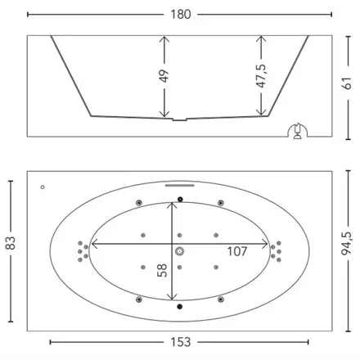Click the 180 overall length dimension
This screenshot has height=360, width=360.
click(x=181, y=14)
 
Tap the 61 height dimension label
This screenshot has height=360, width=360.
click(x=347, y=83)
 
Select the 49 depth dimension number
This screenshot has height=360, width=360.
click(x=164, y=76)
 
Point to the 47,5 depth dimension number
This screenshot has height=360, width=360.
click(x=261, y=76)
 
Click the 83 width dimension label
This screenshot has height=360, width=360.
click(x=11, y=243)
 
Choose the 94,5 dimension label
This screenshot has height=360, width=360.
click(x=347, y=243)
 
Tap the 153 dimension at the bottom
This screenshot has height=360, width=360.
click(x=181, y=342)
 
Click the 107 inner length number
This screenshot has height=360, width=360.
click(x=237, y=251)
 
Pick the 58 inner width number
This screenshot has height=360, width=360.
click(x=162, y=270)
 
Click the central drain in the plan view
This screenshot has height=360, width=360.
click(x=179, y=251)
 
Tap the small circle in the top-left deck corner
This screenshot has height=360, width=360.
click(x=43, y=187)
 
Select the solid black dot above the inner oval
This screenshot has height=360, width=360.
click(x=180, y=200)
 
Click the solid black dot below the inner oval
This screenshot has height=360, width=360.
click(x=179, y=307)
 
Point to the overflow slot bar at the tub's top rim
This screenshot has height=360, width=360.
click(x=180, y=186)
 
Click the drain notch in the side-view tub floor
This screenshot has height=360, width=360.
click(x=179, y=119)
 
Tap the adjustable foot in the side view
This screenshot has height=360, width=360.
click(x=298, y=132)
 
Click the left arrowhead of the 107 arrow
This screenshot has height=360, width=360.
click(x=93, y=244)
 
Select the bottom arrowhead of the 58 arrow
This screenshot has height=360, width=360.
click(x=172, y=297)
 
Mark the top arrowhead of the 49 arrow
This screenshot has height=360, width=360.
click(x=164, y=38)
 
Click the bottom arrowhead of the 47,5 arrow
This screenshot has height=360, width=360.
click(x=261, y=112)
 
